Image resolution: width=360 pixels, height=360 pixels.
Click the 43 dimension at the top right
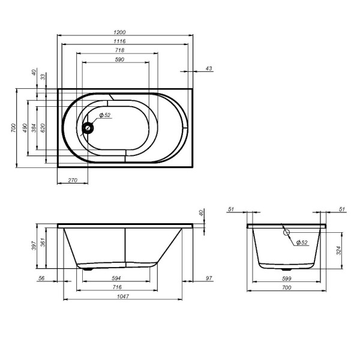tap(208, 68)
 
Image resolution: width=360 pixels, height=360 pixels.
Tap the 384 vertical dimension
tap(34, 128)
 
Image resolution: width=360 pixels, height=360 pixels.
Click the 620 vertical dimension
tap(43, 128)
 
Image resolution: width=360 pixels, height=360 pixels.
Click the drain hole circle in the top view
tap(89, 127)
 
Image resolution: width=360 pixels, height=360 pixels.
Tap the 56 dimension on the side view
tap(41, 278)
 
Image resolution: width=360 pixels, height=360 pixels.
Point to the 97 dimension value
tap(208, 278)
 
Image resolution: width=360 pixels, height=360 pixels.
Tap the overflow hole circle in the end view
tap(286, 233)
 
